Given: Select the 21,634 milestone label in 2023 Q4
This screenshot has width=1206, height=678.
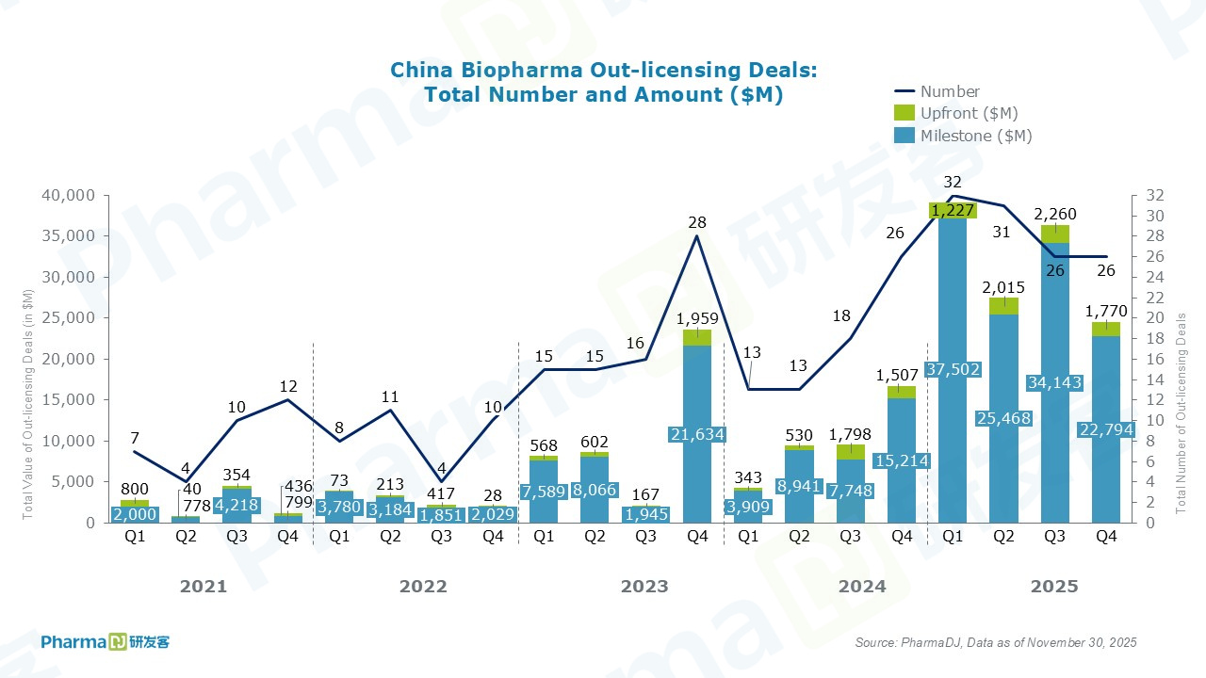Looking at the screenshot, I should [697, 433].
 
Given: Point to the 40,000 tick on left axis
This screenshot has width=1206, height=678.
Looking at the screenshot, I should [68, 196].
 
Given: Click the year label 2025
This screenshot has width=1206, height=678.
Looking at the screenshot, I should [1054, 587].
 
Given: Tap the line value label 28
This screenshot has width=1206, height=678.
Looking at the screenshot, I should [697, 223].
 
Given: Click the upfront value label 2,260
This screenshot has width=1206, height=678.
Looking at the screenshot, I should [1055, 214].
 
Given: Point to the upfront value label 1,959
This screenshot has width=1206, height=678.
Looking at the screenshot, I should [697, 318].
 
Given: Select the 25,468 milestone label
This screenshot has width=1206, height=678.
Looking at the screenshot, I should [1003, 418].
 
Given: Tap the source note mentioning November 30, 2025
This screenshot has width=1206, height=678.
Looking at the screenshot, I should [996, 642].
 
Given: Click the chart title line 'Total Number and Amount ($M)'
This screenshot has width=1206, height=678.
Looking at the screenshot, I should [603, 95].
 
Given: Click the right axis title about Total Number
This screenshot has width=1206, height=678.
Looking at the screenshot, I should [1181, 414].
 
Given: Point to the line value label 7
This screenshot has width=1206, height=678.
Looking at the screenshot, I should [135, 438].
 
